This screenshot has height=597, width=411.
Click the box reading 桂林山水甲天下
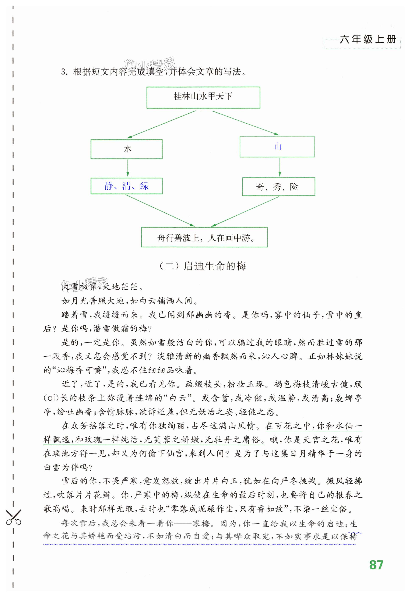click(x=203, y=97)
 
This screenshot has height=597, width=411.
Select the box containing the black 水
click(x=126, y=149)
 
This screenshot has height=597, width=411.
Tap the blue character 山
click(x=278, y=147)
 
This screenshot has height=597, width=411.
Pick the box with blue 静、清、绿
click(x=126, y=186)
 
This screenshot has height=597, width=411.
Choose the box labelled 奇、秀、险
click(x=278, y=187)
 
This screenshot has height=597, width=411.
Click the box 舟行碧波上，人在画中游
click(x=204, y=237)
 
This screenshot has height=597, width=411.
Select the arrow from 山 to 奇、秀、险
click(x=280, y=167)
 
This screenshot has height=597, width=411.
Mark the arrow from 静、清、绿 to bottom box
click(x=160, y=210)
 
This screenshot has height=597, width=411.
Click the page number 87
click(x=376, y=565)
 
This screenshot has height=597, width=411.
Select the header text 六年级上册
click(x=368, y=40)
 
